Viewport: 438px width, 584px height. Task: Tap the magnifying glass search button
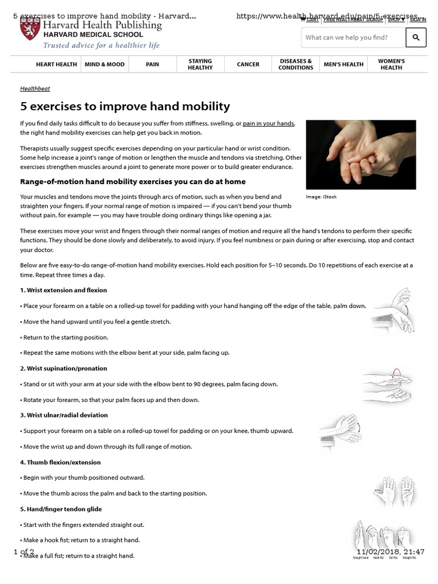416,38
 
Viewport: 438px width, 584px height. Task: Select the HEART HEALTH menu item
56,64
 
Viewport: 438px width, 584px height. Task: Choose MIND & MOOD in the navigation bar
104,64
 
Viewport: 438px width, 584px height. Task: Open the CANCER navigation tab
248,64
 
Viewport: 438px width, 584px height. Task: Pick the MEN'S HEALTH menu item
343,64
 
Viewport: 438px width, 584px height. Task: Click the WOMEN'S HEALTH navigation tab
391,64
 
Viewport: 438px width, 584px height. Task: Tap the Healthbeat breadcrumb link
34,88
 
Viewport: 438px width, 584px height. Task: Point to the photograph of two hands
361,154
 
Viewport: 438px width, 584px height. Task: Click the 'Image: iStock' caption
322,197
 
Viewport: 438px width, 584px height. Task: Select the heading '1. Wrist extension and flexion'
63,290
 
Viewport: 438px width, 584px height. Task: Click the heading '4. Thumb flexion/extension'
60,462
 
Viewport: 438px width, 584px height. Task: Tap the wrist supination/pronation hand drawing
391,385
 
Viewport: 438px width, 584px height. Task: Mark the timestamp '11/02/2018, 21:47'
391,551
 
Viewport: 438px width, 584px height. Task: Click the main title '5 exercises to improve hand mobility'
125,106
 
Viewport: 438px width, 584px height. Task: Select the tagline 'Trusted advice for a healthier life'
102,46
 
